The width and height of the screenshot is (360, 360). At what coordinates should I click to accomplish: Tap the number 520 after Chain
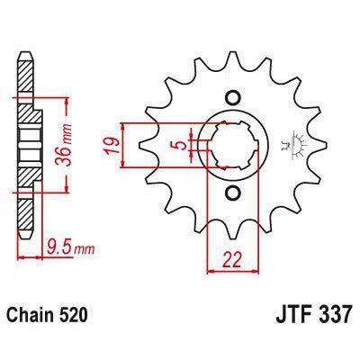tap(75, 316)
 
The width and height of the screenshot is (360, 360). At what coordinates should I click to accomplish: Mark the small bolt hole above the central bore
tap(232, 97)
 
